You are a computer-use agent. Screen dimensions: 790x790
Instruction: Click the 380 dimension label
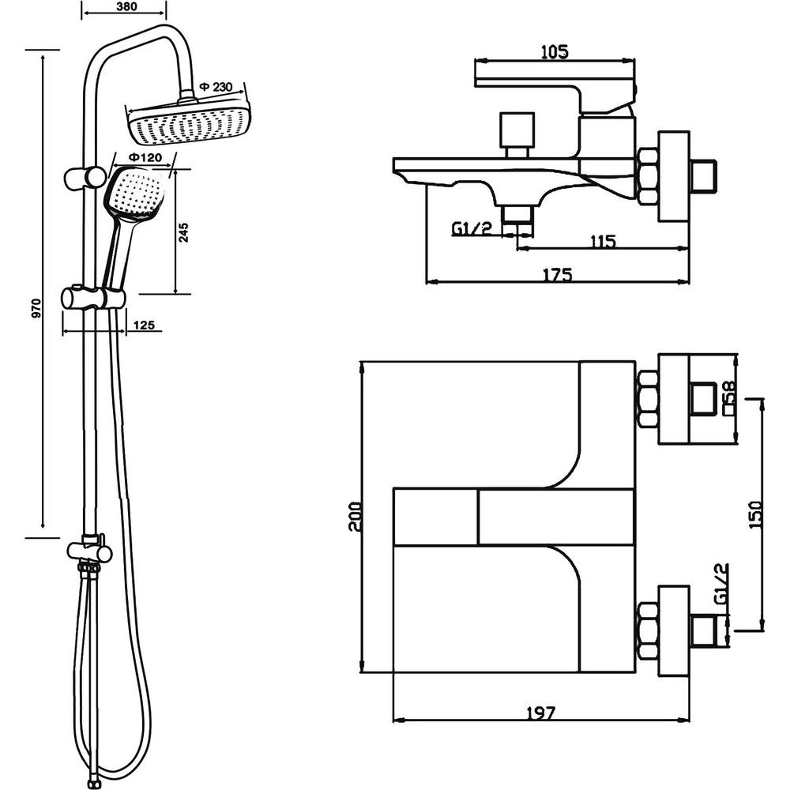(126, 6)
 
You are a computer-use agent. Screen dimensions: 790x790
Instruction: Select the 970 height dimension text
(36, 308)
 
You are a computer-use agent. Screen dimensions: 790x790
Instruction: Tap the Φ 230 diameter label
(216, 87)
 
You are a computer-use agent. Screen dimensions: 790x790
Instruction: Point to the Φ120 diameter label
(145, 157)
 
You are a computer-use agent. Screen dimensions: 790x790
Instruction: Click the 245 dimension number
(184, 232)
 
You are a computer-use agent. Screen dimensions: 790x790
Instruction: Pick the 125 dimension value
(144, 325)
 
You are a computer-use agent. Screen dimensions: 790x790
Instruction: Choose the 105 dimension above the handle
(555, 51)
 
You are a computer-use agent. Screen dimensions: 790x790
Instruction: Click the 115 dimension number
(603, 241)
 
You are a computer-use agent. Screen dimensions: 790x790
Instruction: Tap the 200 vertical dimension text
(354, 517)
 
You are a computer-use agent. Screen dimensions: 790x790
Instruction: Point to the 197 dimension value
(540, 713)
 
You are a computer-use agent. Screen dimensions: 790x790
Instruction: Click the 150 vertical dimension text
(756, 514)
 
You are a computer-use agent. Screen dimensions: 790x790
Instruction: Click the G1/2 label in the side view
(472, 229)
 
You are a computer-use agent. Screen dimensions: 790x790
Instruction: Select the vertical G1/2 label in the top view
(721, 584)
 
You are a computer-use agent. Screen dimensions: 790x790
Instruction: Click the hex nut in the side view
(649, 176)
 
